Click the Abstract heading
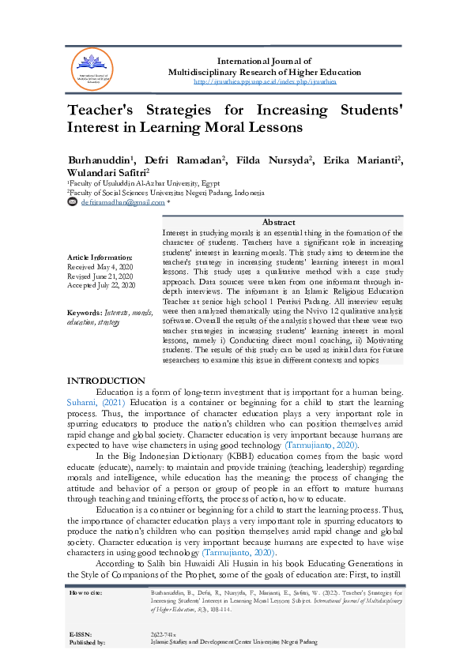point(278,223)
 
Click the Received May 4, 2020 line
point(100,267)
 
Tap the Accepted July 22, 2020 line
point(101,284)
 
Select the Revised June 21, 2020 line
point(101,276)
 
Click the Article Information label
point(100,258)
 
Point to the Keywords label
point(85,314)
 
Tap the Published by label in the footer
point(88,643)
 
